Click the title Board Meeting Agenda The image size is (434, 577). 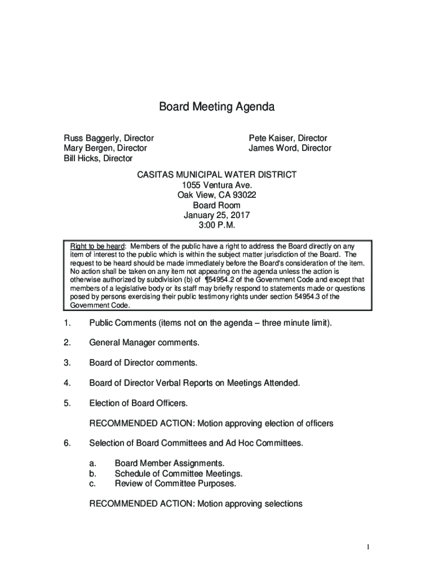(x=216, y=107)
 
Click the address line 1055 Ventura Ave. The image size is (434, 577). (x=217, y=185)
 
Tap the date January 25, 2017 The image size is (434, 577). (x=217, y=215)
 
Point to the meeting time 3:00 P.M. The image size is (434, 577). (x=217, y=225)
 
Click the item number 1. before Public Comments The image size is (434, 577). (x=67, y=323)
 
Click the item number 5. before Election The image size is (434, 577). (x=67, y=403)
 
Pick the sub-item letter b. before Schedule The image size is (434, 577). (x=93, y=473)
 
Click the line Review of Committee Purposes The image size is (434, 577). (x=175, y=483)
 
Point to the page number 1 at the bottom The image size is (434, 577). (x=367, y=547)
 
